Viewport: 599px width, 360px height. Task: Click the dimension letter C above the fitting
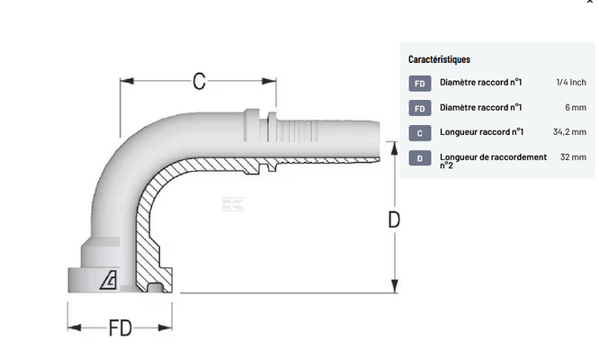tap(200, 81)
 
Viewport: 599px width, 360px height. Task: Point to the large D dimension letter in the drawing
tap(393, 219)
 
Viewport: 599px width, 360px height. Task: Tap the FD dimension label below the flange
tap(121, 328)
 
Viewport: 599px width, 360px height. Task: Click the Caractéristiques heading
tap(439, 59)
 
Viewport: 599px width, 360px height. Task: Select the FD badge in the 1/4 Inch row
tap(419, 84)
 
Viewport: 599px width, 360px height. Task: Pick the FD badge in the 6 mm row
tap(419, 108)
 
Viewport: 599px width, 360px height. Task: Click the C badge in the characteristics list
tap(419, 133)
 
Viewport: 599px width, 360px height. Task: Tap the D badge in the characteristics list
tap(419, 158)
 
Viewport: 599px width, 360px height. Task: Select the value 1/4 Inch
tap(571, 83)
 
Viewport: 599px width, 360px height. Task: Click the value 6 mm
tap(576, 107)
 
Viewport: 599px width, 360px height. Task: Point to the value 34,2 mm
tap(569, 132)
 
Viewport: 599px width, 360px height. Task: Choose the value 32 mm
tap(573, 157)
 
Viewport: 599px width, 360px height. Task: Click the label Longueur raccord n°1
tap(482, 132)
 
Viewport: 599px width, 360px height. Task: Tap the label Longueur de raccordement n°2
tap(493, 160)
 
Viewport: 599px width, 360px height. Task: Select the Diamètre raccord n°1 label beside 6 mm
tap(481, 107)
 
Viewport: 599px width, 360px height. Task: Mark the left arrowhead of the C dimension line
tap(125, 81)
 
